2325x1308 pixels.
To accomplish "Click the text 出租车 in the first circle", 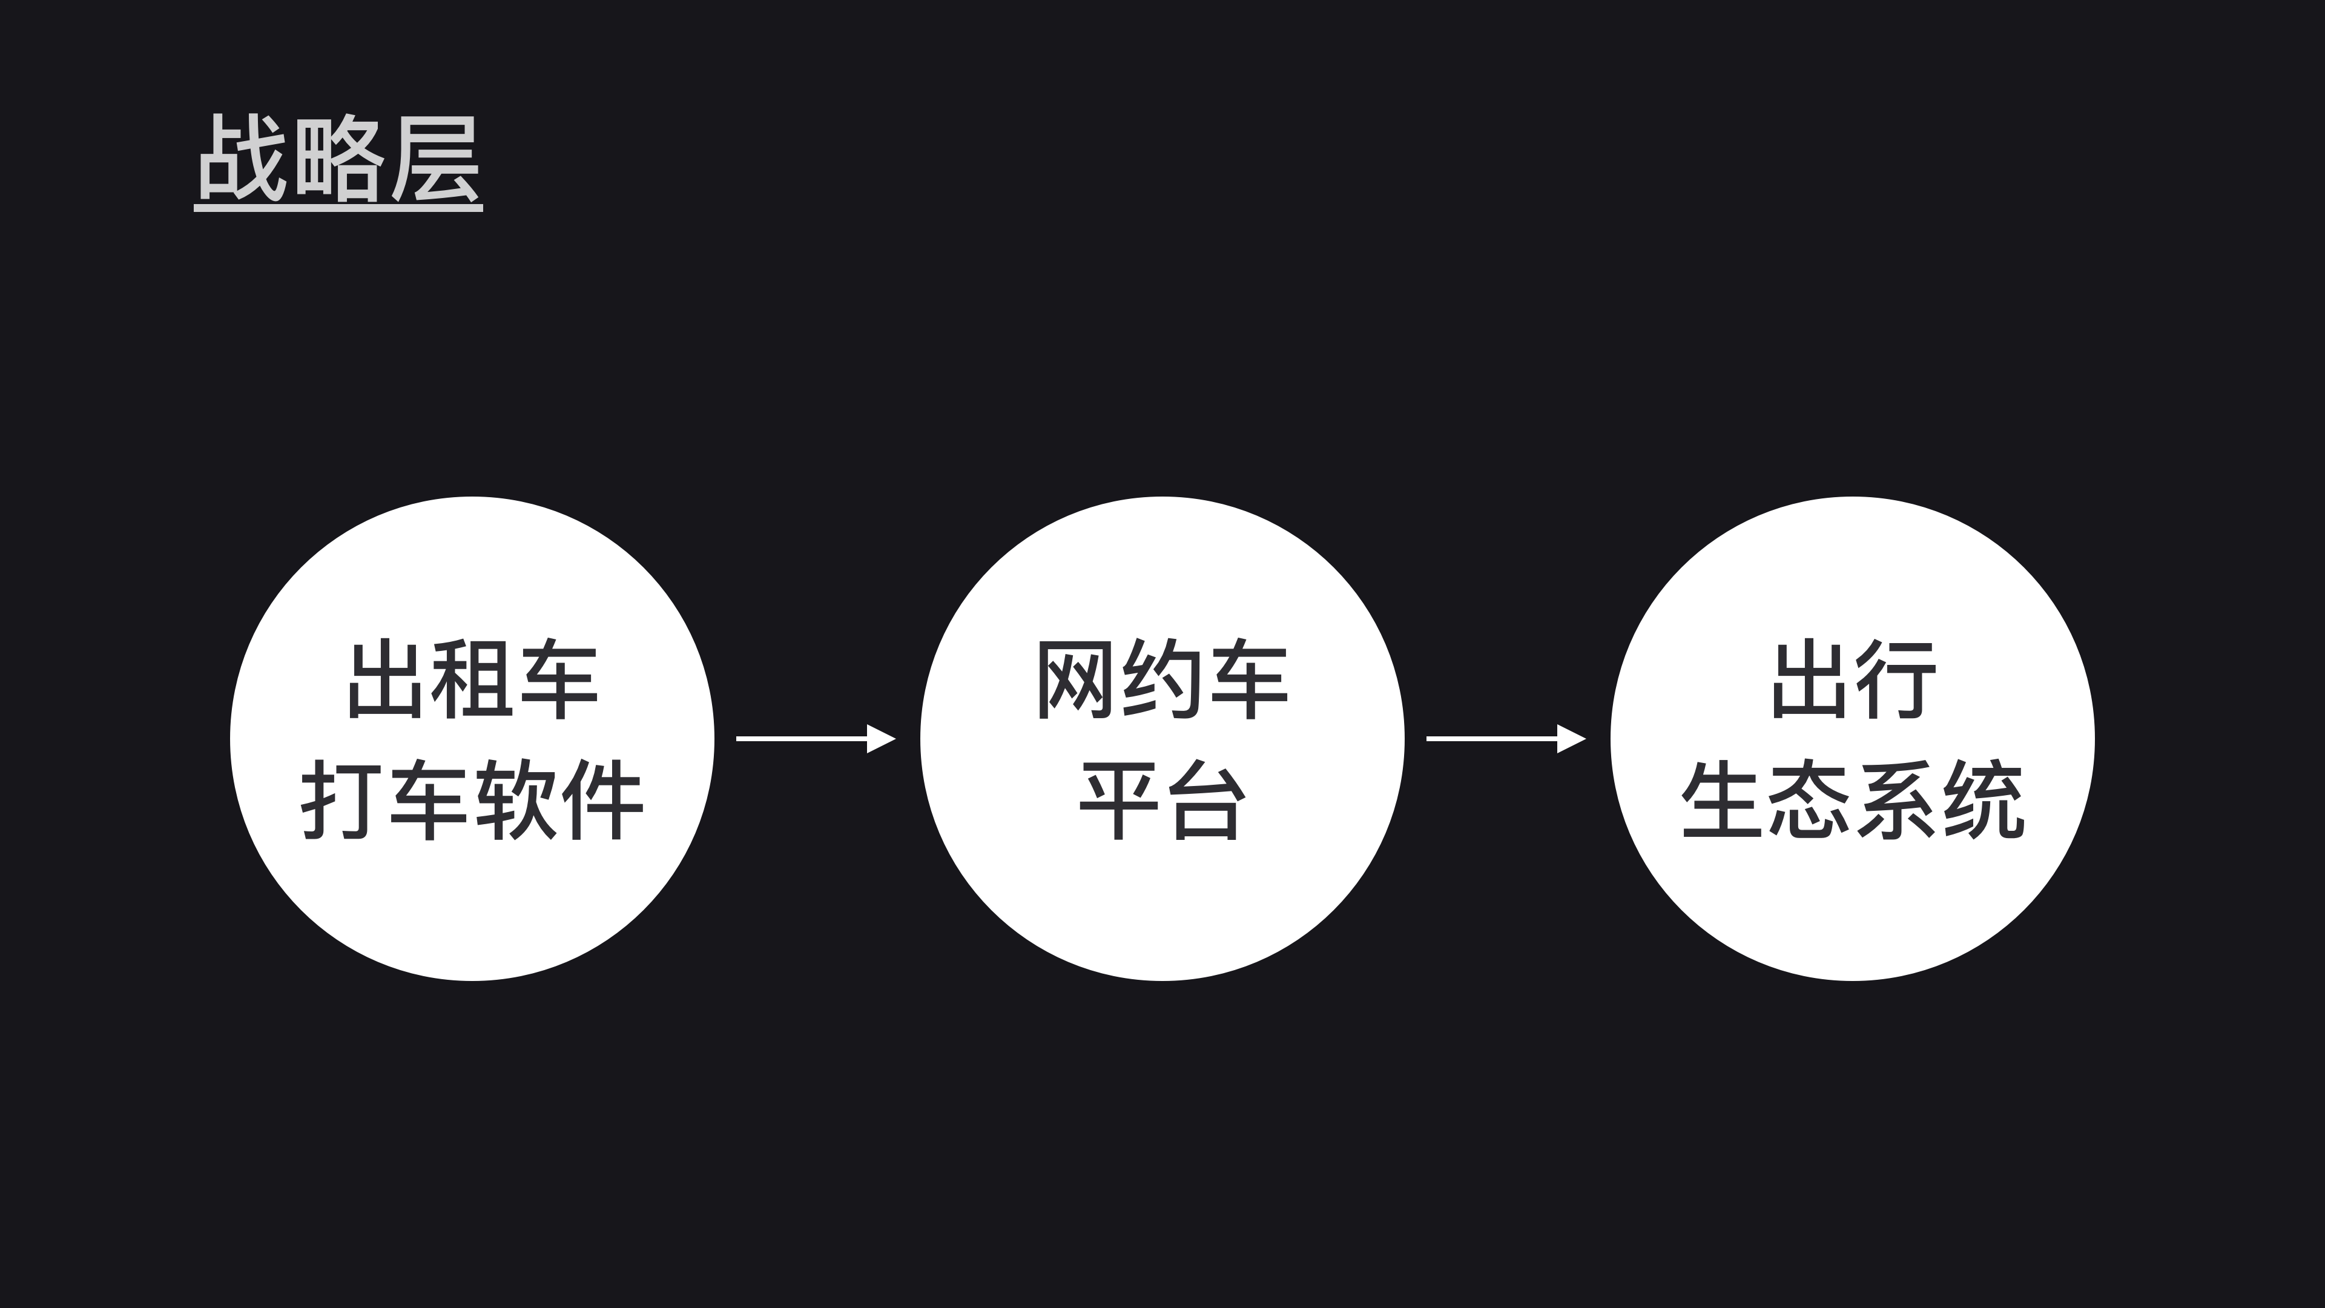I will (472, 679).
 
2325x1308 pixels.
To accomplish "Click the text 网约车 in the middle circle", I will (1162, 679).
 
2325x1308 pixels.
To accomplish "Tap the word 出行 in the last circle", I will (1853, 679).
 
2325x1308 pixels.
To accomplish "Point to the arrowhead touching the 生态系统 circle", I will (1571, 738).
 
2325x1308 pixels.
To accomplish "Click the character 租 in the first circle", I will (472, 679).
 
